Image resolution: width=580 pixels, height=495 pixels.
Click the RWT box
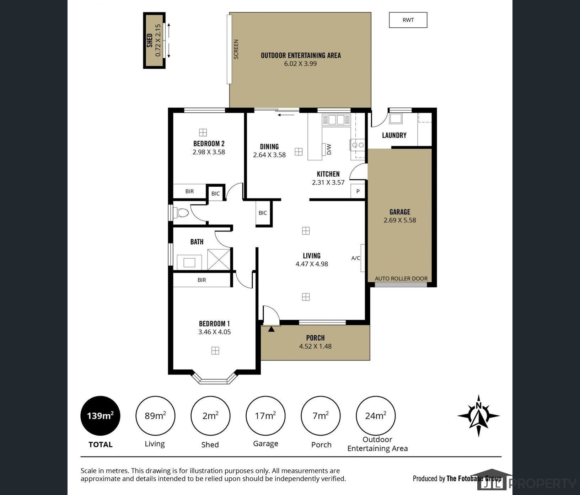(x=408, y=20)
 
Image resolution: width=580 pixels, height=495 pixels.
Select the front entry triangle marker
(x=271, y=329)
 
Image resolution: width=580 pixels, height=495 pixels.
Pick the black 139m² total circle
(x=100, y=415)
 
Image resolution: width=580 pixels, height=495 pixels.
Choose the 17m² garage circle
(x=265, y=415)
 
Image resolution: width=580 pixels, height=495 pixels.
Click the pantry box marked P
(x=358, y=191)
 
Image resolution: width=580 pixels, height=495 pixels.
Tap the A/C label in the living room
(x=355, y=258)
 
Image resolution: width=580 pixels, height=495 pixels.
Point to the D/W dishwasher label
(x=329, y=149)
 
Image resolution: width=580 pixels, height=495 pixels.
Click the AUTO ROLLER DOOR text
(x=401, y=278)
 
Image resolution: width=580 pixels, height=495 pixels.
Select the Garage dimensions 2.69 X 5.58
(x=399, y=220)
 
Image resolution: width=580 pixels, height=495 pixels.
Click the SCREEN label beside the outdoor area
(x=236, y=49)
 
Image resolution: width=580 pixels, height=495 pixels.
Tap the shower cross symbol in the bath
(x=219, y=259)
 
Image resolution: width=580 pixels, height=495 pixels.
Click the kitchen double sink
(x=336, y=119)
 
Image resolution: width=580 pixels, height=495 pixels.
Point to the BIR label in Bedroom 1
(x=202, y=280)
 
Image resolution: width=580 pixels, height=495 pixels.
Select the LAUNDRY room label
(x=394, y=135)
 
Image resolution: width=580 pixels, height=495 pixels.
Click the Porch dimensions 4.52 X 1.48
(x=315, y=346)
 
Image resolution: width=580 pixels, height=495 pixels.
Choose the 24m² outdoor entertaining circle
(x=376, y=415)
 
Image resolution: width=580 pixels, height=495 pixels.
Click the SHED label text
(x=150, y=40)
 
